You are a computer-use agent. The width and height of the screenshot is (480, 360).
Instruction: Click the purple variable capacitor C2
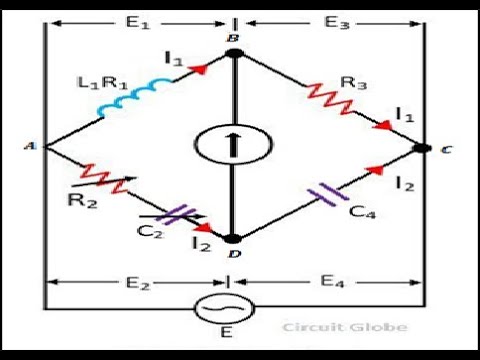181,213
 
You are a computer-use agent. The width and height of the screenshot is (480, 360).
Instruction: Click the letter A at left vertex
30,147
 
